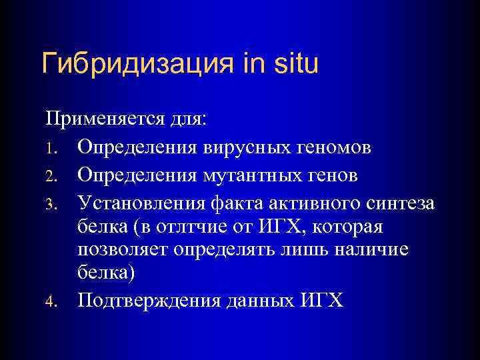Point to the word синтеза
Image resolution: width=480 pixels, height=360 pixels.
(x=399, y=203)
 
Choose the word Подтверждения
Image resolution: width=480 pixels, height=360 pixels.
(x=150, y=302)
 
